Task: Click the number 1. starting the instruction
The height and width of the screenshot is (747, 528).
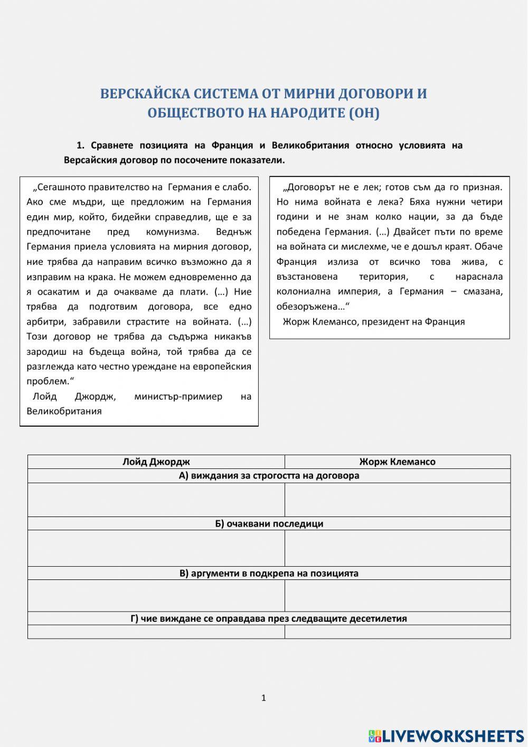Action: pyautogui.click(x=80, y=145)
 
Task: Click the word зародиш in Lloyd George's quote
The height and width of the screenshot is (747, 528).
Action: pyautogui.click(x=45, y=352)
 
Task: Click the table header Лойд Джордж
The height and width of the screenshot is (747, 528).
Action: pyautogui.click(x=156, y=462)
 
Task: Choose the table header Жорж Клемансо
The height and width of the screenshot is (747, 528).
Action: pyautogui.click(x=397, y=462)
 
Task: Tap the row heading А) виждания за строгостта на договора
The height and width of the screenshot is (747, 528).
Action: pyautogui.click(x=269, y=476)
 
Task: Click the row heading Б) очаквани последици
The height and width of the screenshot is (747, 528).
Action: pyautogui.click(x=269, y=524)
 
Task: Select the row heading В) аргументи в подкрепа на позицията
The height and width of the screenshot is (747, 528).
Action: pyautogui.click(x=269, y=573)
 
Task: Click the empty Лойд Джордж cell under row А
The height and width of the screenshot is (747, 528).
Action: pyautogui.click(x=156, y=500)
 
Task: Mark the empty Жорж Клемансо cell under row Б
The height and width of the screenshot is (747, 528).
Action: pyautogui.click(x=397, y=548)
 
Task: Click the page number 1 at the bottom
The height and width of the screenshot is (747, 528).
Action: pyautogui.click(x=263, y=698)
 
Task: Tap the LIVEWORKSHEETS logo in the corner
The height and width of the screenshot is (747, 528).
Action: pyautogui.click(x=446, y=735)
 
